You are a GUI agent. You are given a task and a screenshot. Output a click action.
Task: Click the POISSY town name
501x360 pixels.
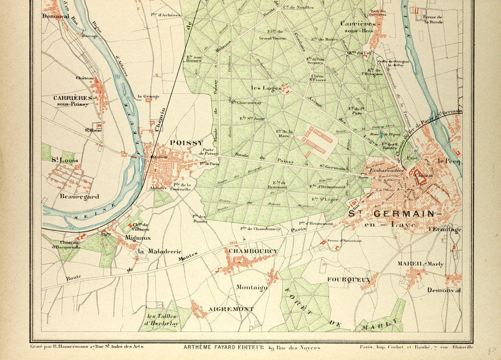[186, 143]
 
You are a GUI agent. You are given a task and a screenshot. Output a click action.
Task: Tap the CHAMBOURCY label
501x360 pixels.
[253, 251]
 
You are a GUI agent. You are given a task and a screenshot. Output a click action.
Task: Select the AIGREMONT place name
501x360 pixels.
[231, 309]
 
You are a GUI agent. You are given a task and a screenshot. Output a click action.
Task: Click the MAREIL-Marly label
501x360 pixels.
[420, 264]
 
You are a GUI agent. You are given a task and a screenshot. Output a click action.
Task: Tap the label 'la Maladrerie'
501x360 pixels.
[159, 251]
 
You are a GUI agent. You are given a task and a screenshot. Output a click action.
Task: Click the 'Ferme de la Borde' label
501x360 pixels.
[432, 19]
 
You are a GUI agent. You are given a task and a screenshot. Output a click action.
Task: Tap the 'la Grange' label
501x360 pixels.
[148, 96]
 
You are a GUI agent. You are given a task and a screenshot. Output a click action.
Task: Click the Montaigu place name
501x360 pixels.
[251, 288]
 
